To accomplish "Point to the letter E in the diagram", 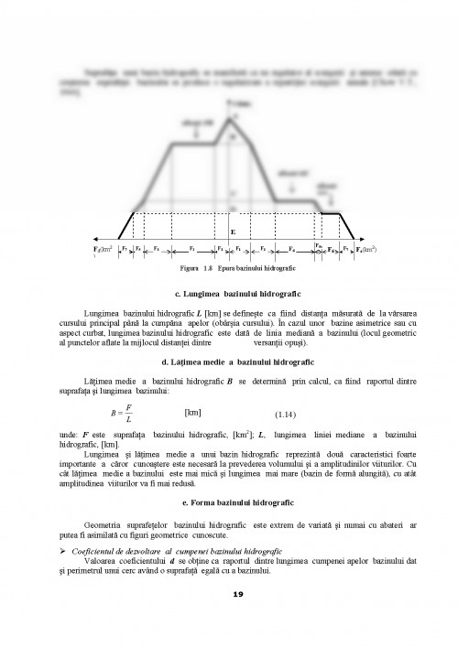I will tap(233, 233).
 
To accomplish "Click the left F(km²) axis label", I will tap(104, 249).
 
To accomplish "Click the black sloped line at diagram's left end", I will tap(127, 223).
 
